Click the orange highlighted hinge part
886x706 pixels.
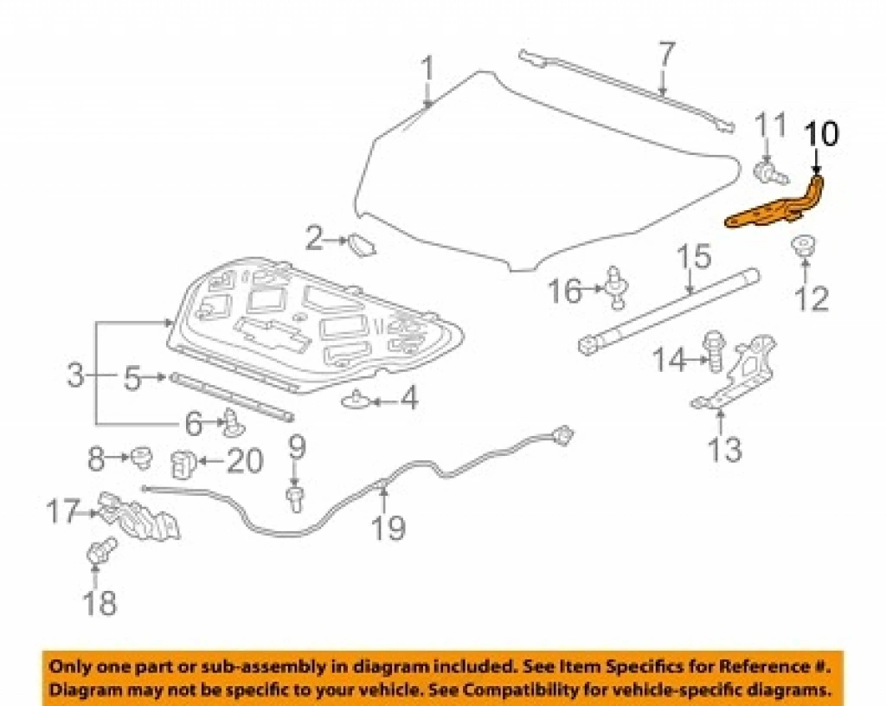pyautogui.click(x=774, y=209)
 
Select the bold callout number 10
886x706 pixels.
pyautogui.click(x=823, y=134)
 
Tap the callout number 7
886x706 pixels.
pyautogui.click(x=667, y=55)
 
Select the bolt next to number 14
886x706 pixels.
pyautogui.click(x=714, y=350)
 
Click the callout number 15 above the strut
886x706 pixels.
pyautogui.click(x=694, y=257)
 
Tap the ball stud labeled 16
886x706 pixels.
pyautogui.click(x=616, y=287)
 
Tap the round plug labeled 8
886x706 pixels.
pyautogui.click(x=141, y=457)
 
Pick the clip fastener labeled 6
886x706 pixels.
pyautogui.click(x=234, y=423)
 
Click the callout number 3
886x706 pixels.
pyautogui.click(x=75, y=375)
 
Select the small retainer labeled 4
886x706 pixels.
pyautogui.click(x=356, y=400)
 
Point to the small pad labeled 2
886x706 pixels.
pyautogui.click(x=361, y=245)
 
